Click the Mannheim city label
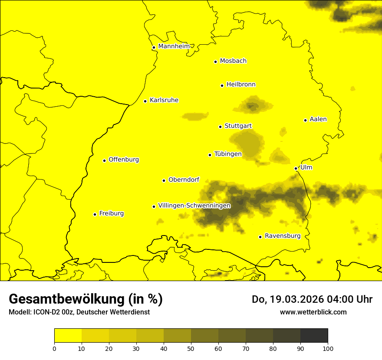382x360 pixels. coord(174,46)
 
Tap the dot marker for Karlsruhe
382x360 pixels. coord(145,101)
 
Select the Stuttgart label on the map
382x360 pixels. coord(238,126)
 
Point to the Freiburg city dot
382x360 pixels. coord(95,214)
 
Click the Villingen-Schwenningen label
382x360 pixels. coord(194,206)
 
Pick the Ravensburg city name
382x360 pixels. coord(283,236)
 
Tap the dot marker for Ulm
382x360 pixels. coord(296,168)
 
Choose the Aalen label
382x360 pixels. coord(318,119)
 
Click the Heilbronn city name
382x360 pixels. coord(241,85)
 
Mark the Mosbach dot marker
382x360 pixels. coord(215,62)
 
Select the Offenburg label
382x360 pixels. coord(124,160)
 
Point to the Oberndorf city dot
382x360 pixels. coord(164,180)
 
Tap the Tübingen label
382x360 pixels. coord(228,154)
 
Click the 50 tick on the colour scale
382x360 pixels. coord(191,348)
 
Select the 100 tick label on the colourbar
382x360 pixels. coord(328,348)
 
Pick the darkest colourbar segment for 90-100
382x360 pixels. coord(314,336)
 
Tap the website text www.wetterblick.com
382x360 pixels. coord(313,312)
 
